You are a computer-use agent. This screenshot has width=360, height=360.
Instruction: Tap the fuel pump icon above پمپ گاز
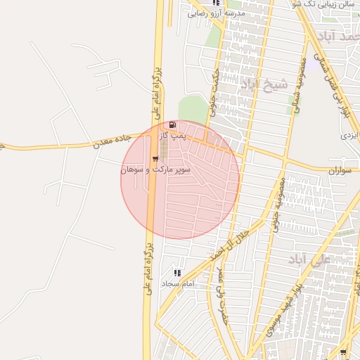tap(173, 125)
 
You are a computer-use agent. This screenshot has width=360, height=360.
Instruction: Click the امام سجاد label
tap(177, 284)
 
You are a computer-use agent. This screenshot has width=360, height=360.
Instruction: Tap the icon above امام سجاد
tap(177, 273)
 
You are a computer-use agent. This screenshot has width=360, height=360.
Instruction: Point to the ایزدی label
tap(349, 133)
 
